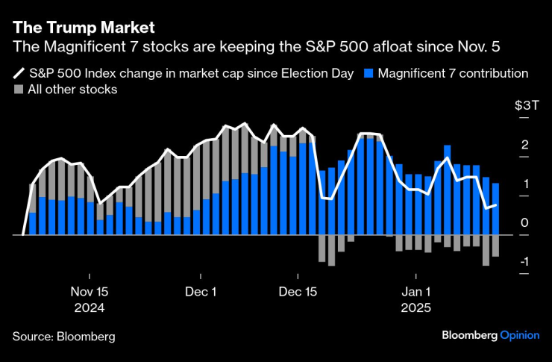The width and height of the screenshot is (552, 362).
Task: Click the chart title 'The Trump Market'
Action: pyautogui.click(x=83, y=28)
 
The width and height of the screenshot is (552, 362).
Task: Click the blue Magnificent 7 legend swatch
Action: pyautogui.click(x=368, y=74)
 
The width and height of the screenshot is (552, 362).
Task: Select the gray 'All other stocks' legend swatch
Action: pyautogui.click(x=19, y=90)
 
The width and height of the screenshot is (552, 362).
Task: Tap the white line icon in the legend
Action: pyautogui.click(x=19, y=74)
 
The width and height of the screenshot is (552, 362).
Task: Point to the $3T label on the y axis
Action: pyautogui.click(x=527, y=106)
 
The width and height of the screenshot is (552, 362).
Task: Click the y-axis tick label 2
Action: pyautogui.click(x=525, y=145)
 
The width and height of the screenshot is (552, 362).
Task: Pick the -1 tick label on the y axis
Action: pyautogui.click(x=524, y=262)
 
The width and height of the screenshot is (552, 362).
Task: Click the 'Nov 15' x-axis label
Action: pyautogui.click(x=89, y=292)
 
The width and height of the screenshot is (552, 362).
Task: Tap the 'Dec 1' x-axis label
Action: pyautogui.click(x=201, y=292)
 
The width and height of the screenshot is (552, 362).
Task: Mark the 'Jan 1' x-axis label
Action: pyautogui.click(x=417, y=292)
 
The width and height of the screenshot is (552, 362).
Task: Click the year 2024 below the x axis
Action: pyautogui.click(x=89, y=308)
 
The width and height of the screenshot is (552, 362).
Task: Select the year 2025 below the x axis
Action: pyautogui.click(x=417, y=308)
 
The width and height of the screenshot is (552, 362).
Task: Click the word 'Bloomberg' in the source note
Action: pyautogui.click(x=86, y=337)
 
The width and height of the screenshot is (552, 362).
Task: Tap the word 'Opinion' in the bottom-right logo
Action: pyautogui.click(x=519, y=335)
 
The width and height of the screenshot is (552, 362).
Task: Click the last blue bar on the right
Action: pyautogui.click(x=495, y=209)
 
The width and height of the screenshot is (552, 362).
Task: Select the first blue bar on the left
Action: pyautogui.click(x=33, y=224)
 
